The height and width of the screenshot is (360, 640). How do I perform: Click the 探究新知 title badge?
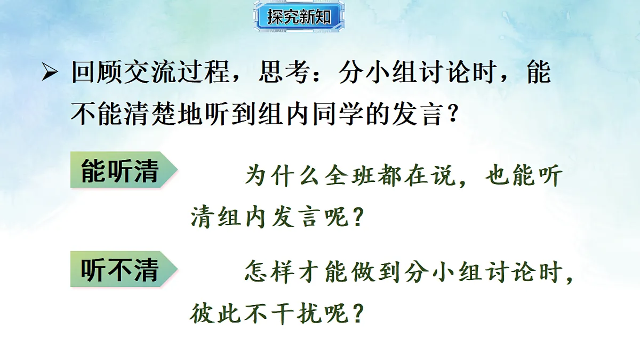click(299, 17)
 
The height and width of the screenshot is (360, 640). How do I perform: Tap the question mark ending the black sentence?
click(451, 115)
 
